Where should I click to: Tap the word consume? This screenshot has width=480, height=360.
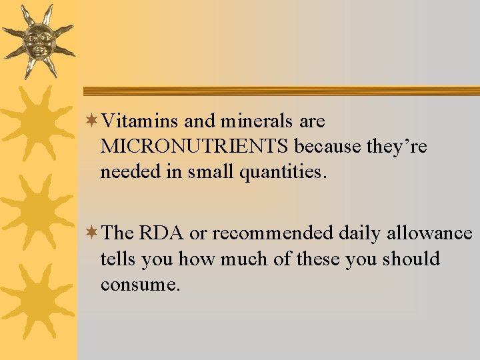click(140, 285)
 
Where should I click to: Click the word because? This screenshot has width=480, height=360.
click(328, 147)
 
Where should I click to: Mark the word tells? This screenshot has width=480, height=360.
click(117, 259)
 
